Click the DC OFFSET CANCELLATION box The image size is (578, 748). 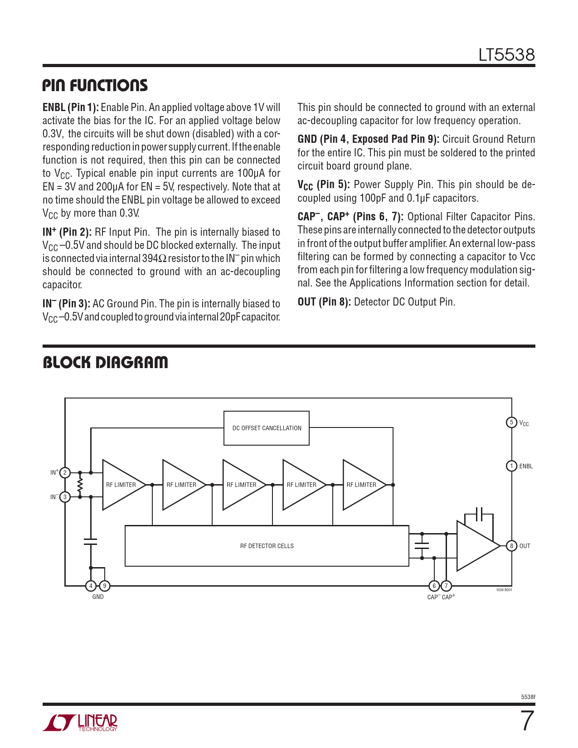[267, 428]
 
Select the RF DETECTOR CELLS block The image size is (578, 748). [267, 546]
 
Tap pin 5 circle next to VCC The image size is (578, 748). [511, 423]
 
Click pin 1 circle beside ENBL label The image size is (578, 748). [511, 466]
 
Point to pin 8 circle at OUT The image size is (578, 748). [511, 546]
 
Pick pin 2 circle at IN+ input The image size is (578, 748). [65, 473]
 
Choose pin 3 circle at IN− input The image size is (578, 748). [65, 497]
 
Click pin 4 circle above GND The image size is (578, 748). [91, 586]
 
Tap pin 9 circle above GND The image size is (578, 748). [104, 586]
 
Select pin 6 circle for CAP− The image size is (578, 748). [434, 586]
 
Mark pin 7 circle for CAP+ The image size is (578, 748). [446, 586]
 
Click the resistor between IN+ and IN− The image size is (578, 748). [80, 485]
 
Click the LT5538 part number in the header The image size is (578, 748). [506, 55]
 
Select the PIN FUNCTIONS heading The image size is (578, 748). [95, 85]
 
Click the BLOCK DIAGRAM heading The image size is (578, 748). [105, 362]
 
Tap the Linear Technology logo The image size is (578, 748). [80, 722]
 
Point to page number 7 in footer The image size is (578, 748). [527, 721]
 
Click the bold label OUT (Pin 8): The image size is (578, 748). [324, 302]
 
